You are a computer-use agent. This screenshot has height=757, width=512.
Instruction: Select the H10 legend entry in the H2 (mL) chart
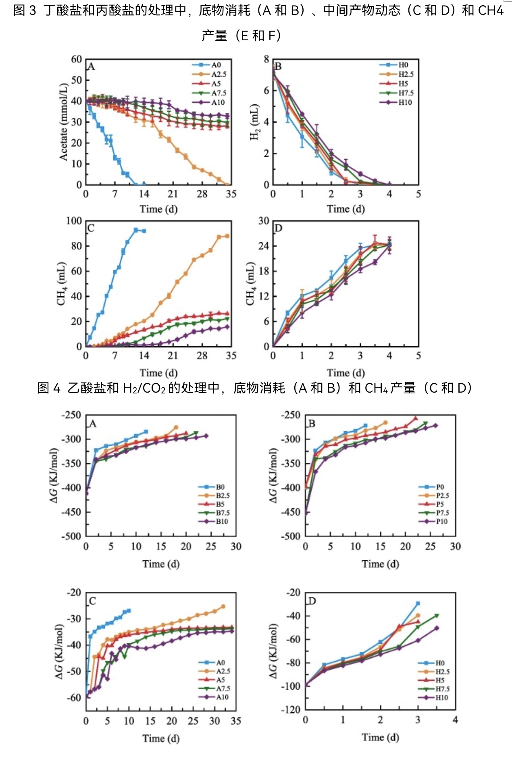coord(405,102)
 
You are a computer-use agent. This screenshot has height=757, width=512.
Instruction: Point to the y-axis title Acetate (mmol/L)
coord(64,122)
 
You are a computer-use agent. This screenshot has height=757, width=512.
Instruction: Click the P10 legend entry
coord(441,521)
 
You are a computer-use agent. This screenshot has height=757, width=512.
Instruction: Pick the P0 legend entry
coord(440,487)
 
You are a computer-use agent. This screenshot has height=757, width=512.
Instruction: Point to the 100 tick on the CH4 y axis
coord(74,221)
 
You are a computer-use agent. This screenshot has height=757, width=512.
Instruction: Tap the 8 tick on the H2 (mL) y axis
coord(266,59)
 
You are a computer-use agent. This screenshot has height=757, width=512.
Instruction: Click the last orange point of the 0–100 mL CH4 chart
coord(227,236)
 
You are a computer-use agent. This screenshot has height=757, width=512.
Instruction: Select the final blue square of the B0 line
coord(146,432)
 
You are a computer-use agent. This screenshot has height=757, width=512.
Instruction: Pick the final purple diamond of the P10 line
coord(435,425)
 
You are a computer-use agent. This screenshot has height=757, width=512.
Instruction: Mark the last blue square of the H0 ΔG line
coord(418,603)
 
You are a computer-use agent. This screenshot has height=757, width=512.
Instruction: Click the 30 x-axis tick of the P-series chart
coord(456,546)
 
